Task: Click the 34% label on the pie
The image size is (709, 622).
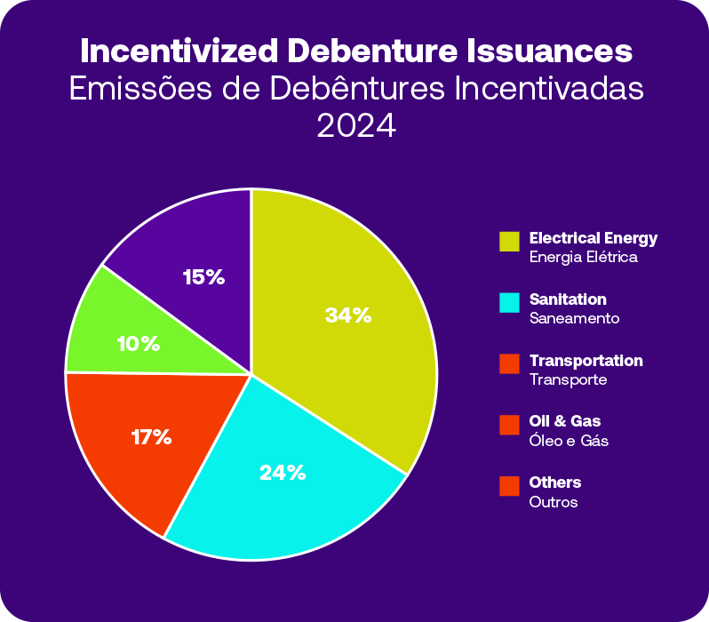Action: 347,315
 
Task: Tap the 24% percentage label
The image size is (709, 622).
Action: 283,473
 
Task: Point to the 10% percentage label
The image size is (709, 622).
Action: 138,343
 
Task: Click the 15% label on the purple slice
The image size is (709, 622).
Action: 203,277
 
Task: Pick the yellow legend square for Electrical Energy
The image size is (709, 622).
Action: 509,242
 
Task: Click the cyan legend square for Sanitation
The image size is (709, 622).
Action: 509,303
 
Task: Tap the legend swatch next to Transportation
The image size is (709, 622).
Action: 509,364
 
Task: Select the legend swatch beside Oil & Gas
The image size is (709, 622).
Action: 509,425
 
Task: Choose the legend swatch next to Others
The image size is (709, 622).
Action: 509,486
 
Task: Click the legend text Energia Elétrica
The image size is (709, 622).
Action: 583,258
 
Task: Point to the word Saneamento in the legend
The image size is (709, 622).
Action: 574,318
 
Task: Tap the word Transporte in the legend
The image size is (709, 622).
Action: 568,379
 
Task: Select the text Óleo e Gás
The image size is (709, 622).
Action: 569,441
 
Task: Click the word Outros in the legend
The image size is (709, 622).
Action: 554,502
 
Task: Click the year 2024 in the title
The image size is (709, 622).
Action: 355,125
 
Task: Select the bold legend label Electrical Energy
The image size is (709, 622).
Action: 593,238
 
